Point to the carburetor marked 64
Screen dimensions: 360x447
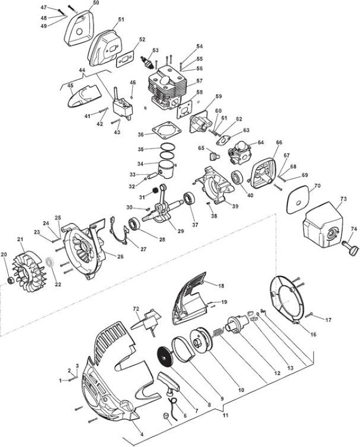pyautogui.click(x=239, y=153)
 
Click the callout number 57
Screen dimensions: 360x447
pyautogui.click(x=199, y=81)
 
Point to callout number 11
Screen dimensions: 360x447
pyautogui.click(x=225, y=415)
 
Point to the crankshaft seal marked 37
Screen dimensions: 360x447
pyautogui.click(x=189, y=198)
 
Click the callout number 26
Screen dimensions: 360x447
pyautogui.click(x=121, y=256)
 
